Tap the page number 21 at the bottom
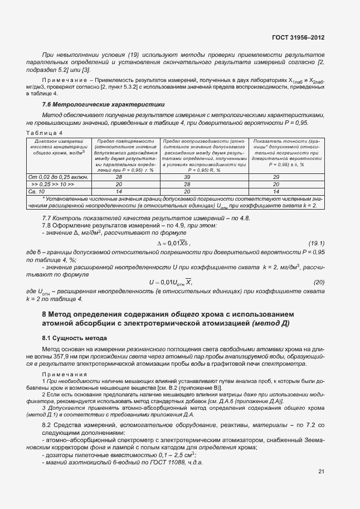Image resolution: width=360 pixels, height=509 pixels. (x=321, y=472)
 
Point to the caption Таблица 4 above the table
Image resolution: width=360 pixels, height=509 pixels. (x=45, y=132)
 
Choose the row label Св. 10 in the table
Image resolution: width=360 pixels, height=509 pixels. (x=39, y=191)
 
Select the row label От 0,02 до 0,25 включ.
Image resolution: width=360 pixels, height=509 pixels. (x=59, y=177)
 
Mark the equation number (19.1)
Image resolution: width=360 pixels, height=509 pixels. (x=317, y=243)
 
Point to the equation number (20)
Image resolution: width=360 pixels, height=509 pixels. (x=319, y=282)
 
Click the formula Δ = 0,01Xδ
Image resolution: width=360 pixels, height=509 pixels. (x=173, y=244)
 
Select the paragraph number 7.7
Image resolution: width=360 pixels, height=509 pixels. (x=48, y=217)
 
